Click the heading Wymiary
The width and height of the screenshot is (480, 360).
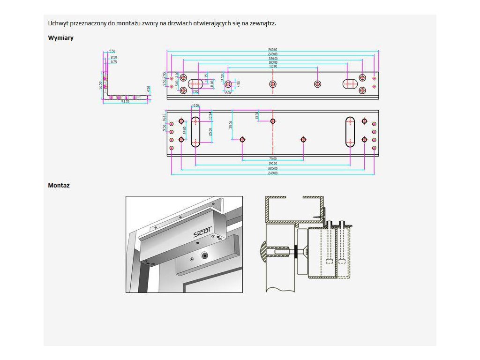(60, 38)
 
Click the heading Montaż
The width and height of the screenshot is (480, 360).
(59, 186)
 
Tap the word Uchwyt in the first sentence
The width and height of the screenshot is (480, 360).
(57, 23)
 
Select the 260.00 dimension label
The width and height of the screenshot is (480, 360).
(273, 49)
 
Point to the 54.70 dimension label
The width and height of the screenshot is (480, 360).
(125, 102)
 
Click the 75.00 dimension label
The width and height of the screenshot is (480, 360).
(273, 159)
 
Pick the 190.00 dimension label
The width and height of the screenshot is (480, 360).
(273, 164)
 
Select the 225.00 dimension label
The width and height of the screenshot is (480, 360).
(273, 168)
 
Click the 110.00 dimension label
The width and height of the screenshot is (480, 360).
(273, 67)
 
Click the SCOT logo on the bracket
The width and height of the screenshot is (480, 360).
(202, 232)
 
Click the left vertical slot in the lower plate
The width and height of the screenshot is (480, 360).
(195, 132)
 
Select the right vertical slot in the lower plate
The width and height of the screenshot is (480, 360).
(350, 132)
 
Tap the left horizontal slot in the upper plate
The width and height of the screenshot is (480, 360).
(196, 84)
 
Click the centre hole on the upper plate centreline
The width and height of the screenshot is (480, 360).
(273, 84)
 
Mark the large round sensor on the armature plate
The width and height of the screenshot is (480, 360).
(205, 255)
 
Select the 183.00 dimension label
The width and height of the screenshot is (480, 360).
(273, 62)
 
